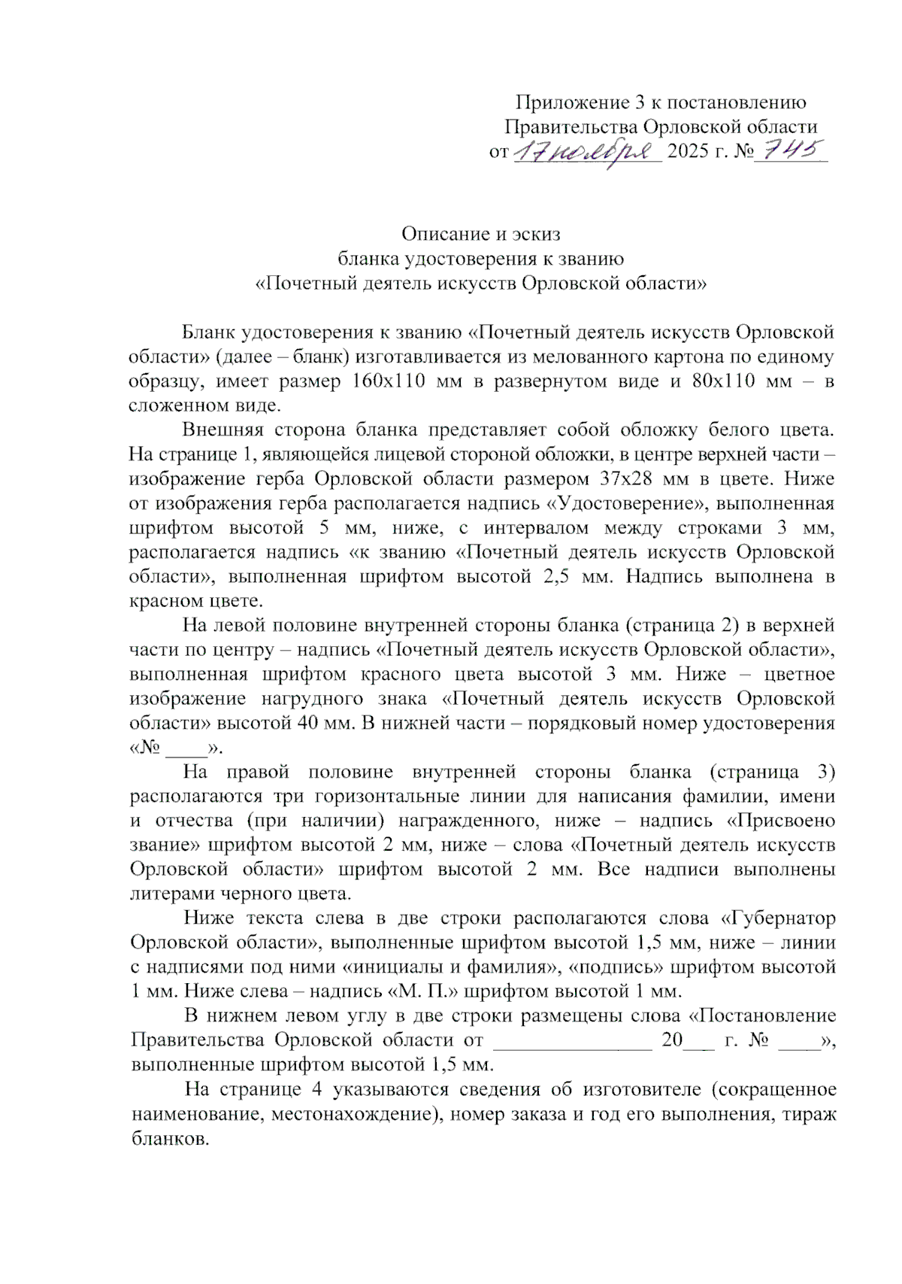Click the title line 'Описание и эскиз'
(x=480, y=234)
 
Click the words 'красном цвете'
(x=196, y=601)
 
